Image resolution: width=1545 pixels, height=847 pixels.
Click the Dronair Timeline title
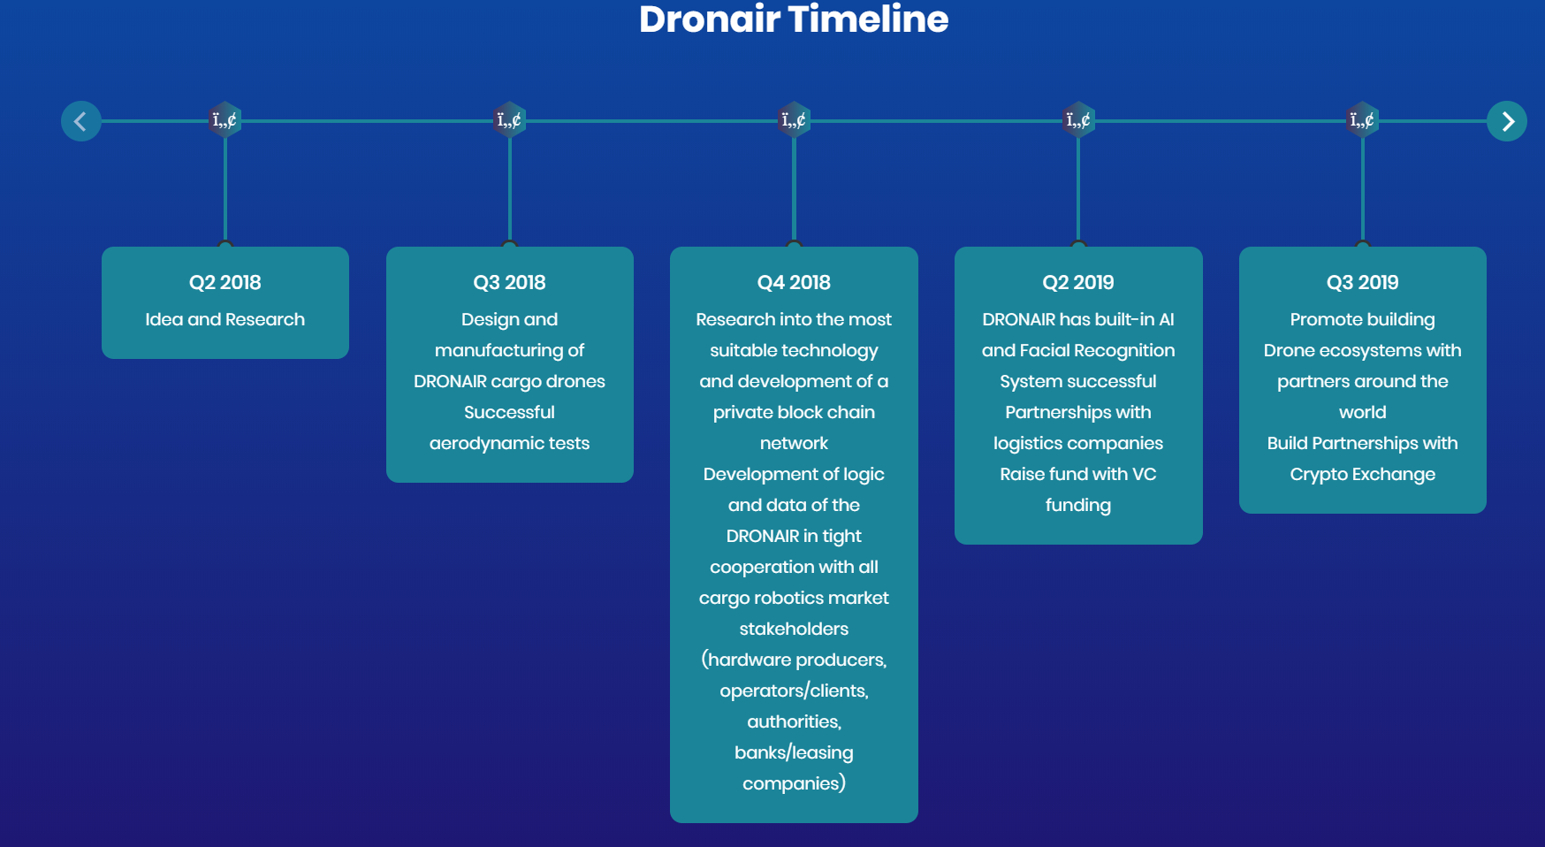(794, 19)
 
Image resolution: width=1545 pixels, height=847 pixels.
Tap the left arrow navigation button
(81, 121)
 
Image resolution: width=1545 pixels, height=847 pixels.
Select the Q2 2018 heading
(225, 282)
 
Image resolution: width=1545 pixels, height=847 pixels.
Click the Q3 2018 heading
(510, 282)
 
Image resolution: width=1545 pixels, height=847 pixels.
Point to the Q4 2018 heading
(794, 282)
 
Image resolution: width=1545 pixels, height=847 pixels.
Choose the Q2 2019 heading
(1078, 282)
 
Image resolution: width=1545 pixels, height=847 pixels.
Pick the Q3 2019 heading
(1363, 282)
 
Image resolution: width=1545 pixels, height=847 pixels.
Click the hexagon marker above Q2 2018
(225, 120)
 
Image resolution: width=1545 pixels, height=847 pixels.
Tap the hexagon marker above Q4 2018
(794, 120)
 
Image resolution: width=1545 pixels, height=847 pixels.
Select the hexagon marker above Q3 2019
(1363, 120)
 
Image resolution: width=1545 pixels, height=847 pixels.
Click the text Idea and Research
(225, 319)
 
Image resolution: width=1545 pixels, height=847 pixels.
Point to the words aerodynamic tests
(510, 444)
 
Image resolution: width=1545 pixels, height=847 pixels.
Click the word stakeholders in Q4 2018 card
(794, 629)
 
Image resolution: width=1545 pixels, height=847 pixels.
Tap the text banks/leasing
(794, 752)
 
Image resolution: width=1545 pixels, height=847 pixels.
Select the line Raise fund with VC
(1078, 474)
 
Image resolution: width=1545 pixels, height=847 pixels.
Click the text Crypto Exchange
(1363, 475)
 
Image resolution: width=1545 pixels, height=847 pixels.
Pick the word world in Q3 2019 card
(1363, 412)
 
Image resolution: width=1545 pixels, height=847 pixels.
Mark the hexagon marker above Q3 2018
(510, 120)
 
